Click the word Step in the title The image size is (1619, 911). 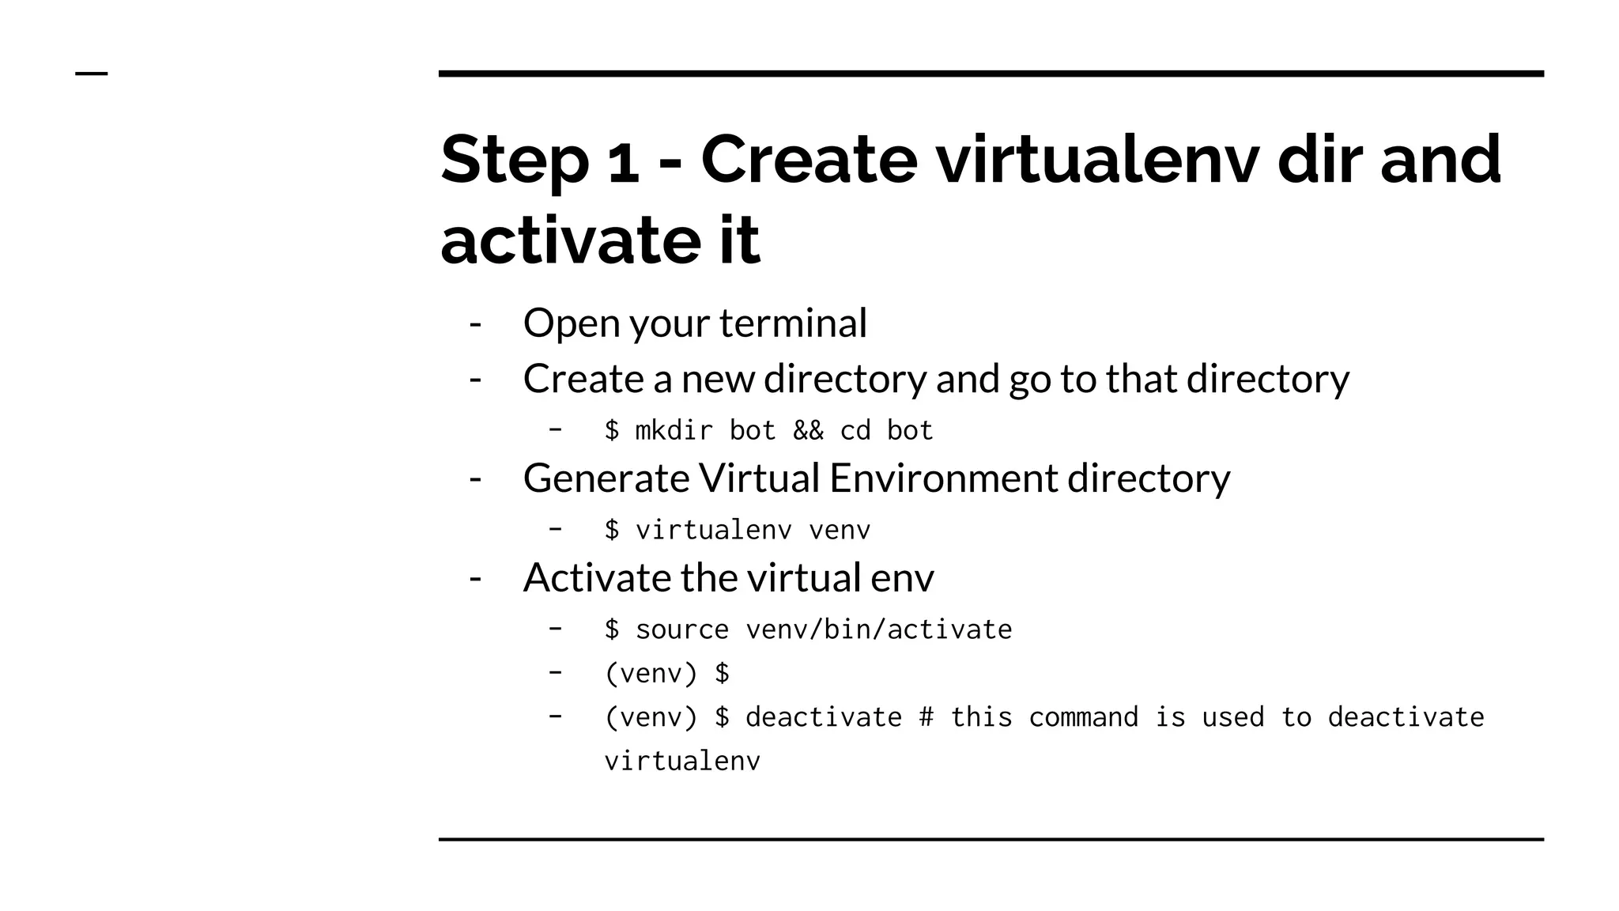(x=514, y=161)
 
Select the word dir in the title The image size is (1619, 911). (x=1317, y=160)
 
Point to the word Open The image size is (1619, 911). (x=571, y=324)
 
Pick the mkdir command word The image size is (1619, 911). (x=674, y=431)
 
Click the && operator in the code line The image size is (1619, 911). (x=808, y=431)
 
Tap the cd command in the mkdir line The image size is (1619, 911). (x=855, y=431)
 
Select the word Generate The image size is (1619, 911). (x=606, y=479)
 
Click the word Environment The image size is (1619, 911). (x=943, y=478)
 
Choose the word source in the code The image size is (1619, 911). (x=681, y=629)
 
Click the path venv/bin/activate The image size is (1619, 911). (x=878, y=629)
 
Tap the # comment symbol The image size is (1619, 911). (x=926, y=717)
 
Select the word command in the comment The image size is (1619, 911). (x=1083, y=717)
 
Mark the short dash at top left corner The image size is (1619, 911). (x=91, y=74)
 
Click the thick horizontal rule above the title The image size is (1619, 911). (x=991, y=74)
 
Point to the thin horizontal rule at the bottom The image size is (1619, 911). (x=991, y=839)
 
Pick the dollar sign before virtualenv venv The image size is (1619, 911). (x=612, y=530)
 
